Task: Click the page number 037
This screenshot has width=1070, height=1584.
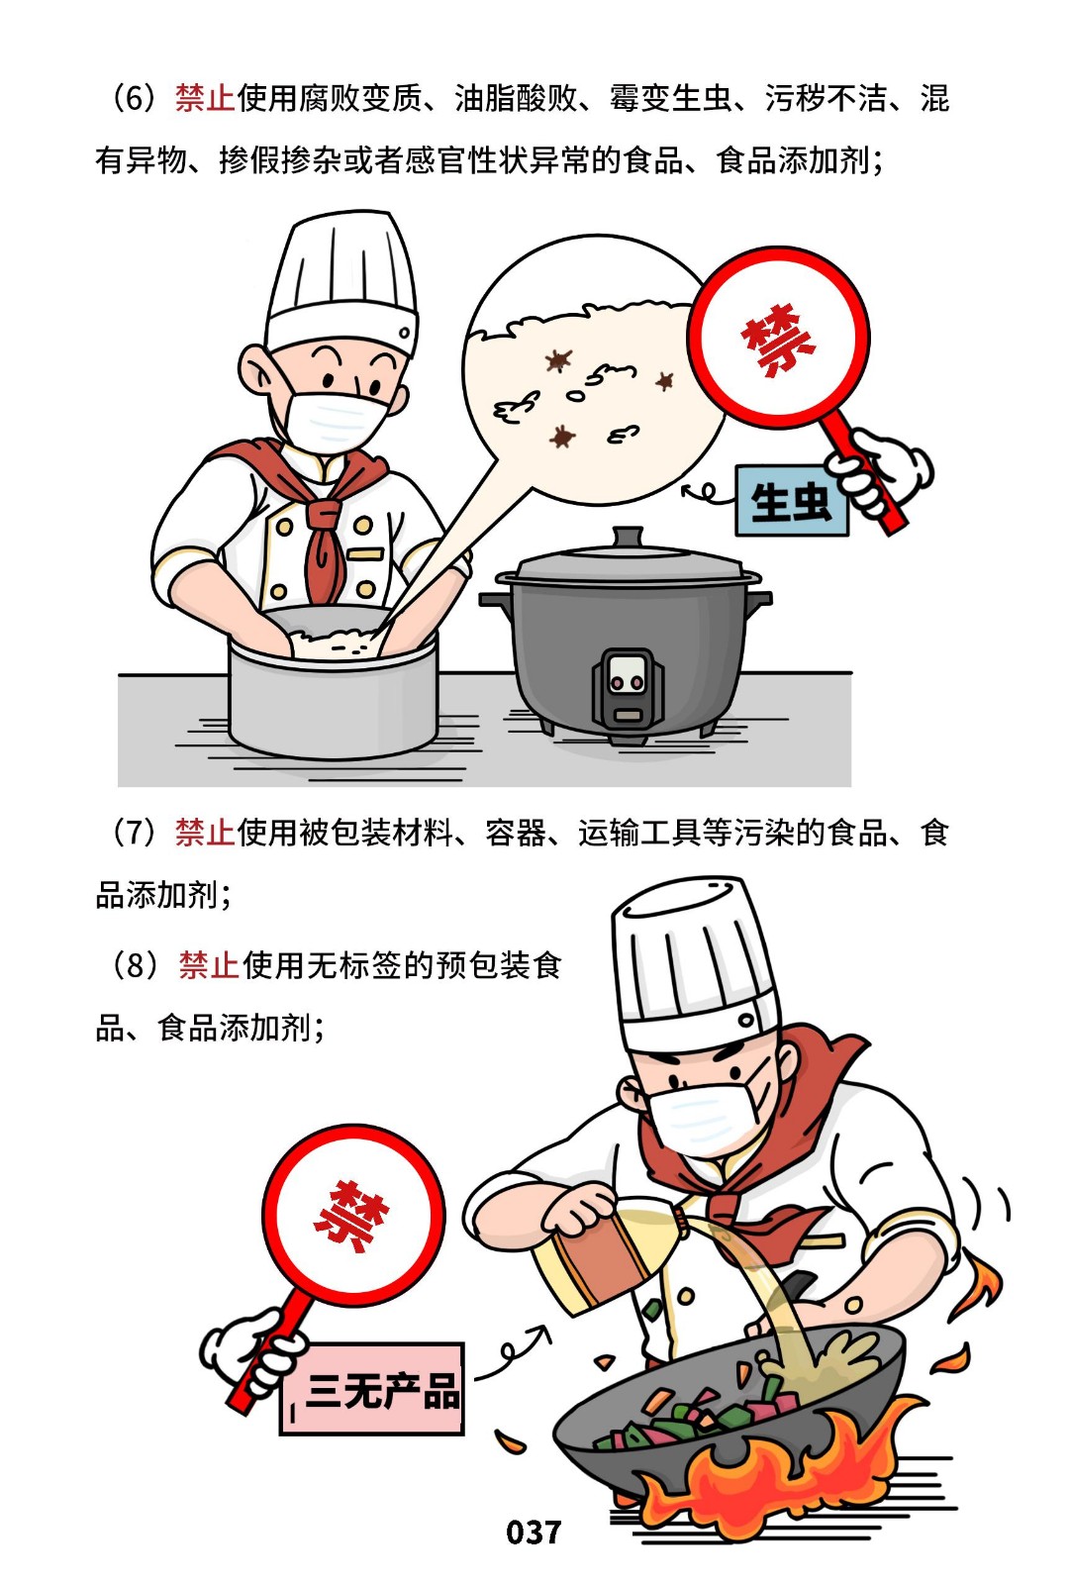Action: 534,1533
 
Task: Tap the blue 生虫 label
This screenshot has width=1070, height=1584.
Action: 791,501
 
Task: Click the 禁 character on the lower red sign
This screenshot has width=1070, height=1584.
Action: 351,1216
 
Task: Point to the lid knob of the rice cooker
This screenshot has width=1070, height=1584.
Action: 628,537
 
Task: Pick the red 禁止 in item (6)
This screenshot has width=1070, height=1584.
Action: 205,98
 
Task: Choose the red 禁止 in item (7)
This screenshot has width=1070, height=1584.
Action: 205,833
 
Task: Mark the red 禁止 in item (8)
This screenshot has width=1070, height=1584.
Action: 209,965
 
